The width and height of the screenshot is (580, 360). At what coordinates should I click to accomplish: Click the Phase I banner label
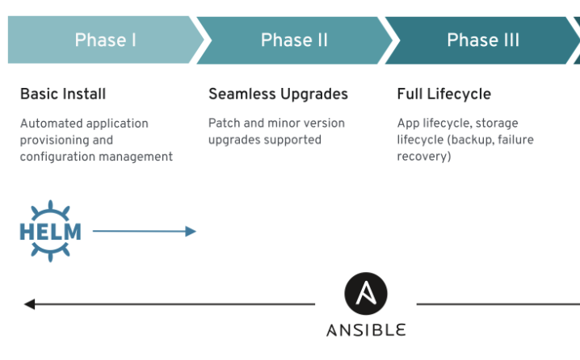coord(105,40)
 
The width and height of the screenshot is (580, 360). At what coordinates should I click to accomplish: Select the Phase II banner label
coord(294,40)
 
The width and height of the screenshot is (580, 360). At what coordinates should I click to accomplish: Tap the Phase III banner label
coord(483,40)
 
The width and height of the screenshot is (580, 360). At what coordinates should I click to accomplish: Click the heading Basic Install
coord(63,94)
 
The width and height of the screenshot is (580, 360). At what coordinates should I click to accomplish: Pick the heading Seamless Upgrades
coord(278,94)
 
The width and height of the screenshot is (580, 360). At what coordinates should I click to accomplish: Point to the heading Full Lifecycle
coord(443,94)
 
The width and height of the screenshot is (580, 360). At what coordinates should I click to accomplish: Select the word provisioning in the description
coord(54,140)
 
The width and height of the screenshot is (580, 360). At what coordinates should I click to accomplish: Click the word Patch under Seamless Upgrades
coord(223,123)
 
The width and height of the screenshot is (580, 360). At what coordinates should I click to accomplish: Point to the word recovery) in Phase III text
coord(424,156)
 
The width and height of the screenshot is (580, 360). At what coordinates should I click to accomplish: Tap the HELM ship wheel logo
coord(50,232)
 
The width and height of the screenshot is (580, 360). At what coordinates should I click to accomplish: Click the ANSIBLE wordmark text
coord(366,330)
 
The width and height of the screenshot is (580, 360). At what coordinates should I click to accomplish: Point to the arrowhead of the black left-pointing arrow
coord(30,304)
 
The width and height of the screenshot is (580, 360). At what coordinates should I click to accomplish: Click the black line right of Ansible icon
coord(497,304)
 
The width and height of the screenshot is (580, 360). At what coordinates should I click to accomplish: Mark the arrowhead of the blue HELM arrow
coord(191,232)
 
